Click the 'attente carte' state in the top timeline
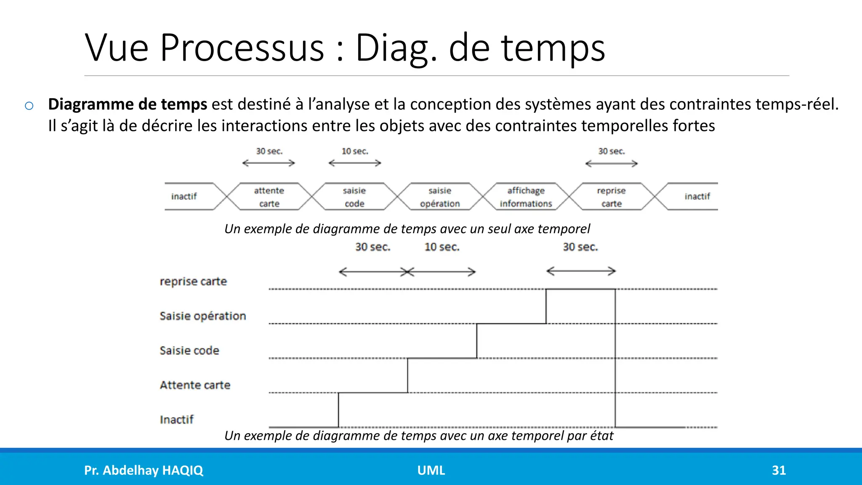269,197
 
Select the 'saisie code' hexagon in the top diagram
354,197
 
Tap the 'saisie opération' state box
440,197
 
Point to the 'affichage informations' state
526,197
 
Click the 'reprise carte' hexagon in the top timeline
611,197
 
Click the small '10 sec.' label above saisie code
355,151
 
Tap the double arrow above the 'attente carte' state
269,163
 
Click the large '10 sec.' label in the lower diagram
442,247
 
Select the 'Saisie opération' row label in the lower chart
203,316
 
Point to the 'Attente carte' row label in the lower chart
195,385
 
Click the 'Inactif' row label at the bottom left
177,419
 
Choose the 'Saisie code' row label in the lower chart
189,350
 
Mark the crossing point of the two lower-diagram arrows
407,272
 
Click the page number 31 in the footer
779,470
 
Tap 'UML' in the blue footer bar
431,470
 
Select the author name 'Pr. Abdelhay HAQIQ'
144,470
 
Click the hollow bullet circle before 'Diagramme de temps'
29,106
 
